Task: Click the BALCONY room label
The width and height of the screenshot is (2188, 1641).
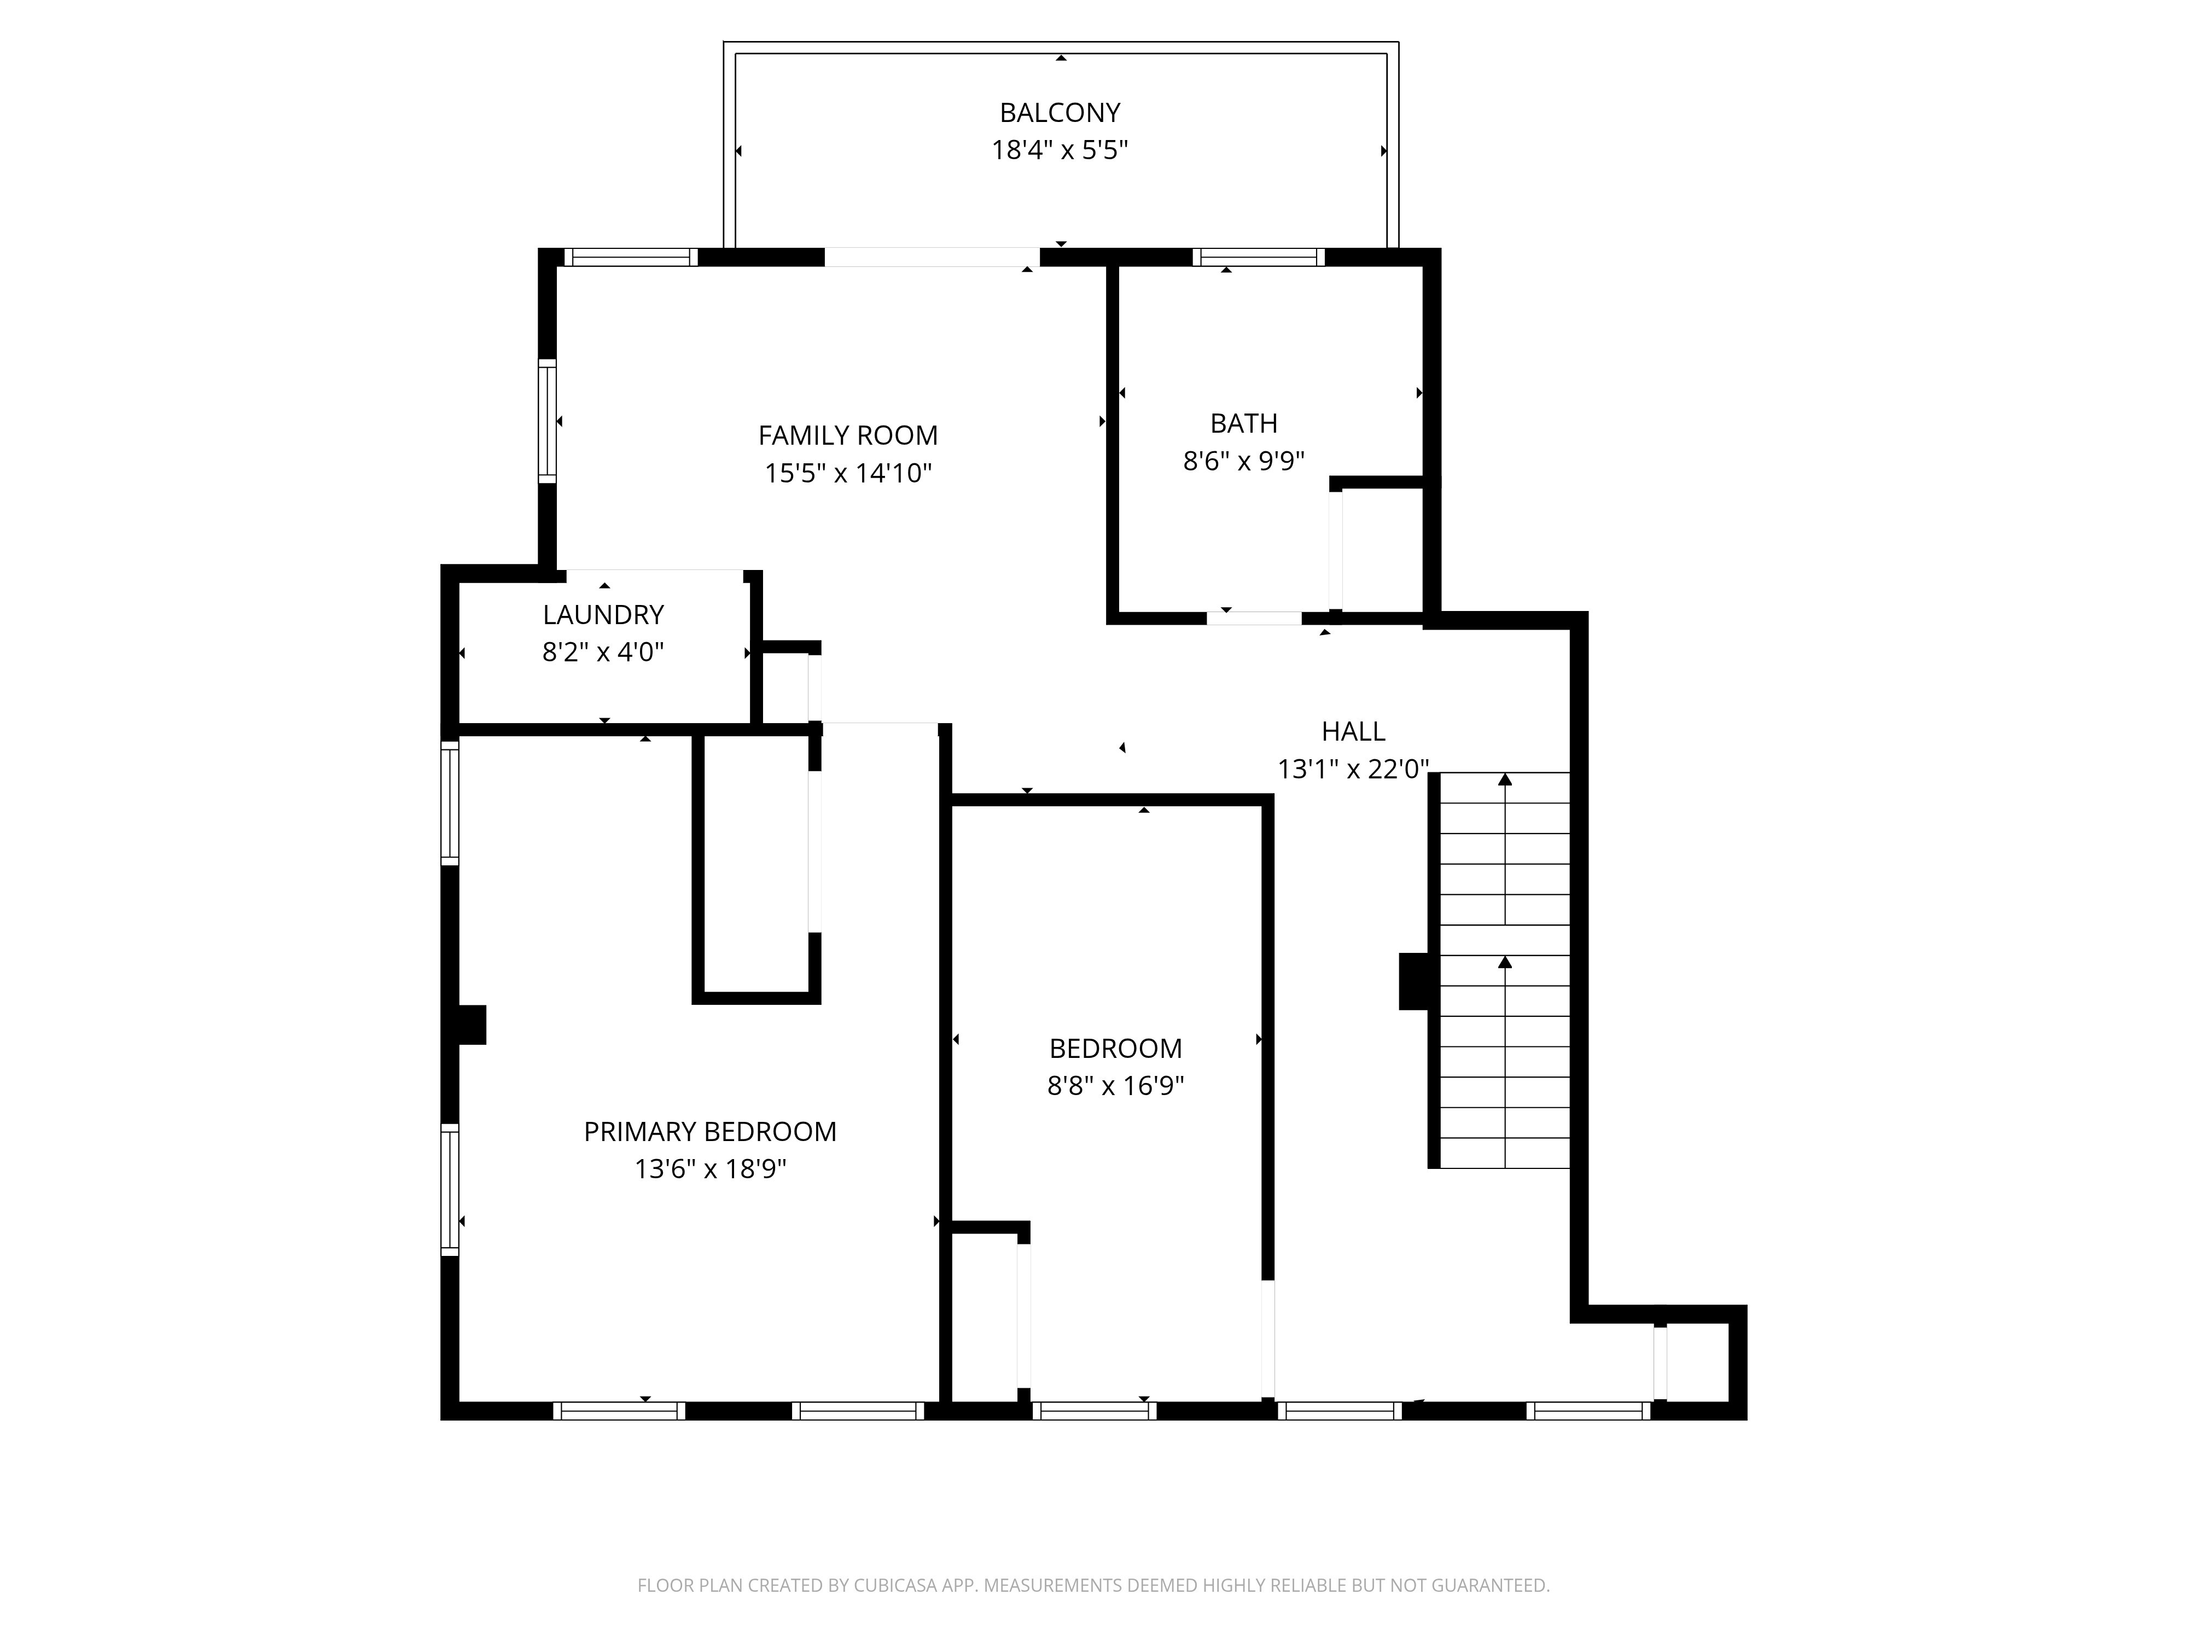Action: (1060, 113)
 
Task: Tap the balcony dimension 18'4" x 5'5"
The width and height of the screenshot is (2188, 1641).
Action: (1060, 150)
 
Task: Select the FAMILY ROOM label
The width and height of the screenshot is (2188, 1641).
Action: (848, 435)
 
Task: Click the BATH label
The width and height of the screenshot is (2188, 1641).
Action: (1243, 423)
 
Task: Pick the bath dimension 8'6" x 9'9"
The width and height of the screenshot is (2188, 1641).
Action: (1243, 461)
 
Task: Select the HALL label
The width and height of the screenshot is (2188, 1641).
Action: (1353, 732)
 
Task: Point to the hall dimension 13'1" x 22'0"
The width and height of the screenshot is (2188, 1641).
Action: (1353, 770)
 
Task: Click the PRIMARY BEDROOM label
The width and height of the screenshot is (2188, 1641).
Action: (709, 1132)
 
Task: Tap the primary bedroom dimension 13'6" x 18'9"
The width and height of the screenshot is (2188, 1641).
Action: (709, 1169)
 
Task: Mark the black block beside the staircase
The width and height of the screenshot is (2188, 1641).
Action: (1413, 981)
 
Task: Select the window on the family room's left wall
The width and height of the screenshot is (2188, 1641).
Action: (547, 421)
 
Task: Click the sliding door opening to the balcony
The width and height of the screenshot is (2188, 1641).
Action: (931, 257)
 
